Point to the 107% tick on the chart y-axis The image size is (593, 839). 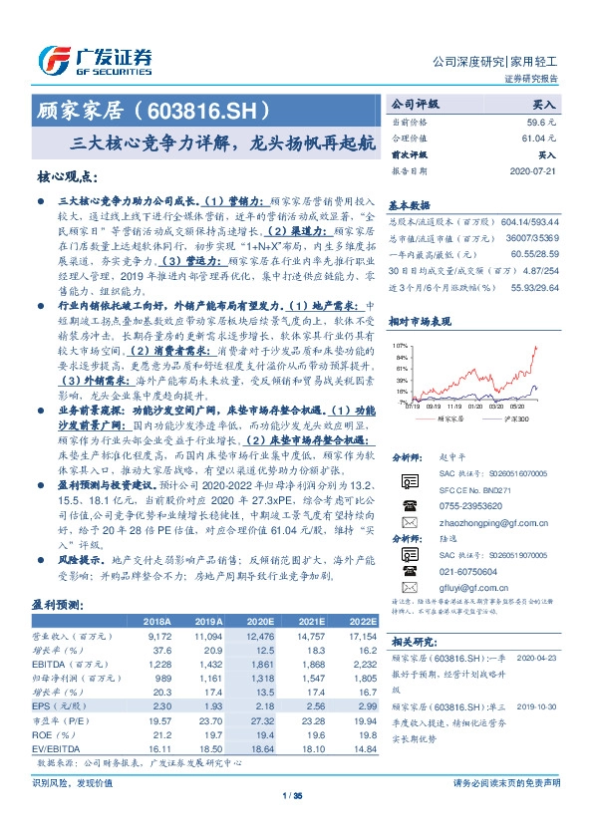coord(404,340)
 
